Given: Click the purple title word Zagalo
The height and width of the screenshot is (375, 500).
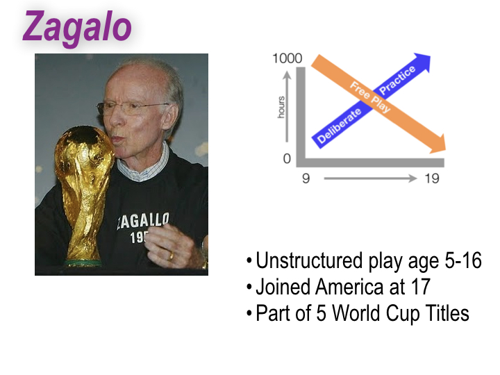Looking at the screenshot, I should point(77,27).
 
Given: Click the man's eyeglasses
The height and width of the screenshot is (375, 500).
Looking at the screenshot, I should point(132,108).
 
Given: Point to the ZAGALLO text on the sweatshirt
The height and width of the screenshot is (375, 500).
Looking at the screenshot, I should point(142,222).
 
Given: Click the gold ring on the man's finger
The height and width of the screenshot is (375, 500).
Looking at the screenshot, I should point(172,255).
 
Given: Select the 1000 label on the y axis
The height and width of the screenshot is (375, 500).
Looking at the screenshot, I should point(287,58).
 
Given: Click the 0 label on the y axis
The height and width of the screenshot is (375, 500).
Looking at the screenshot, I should point(287,159).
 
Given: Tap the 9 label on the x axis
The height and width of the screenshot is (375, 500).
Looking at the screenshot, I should point(305,179).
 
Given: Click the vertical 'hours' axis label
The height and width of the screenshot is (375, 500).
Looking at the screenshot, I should point(282,108).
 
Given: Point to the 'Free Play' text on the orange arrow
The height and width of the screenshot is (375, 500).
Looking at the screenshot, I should point(370,99).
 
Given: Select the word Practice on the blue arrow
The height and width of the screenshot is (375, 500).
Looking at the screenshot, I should point(398,82).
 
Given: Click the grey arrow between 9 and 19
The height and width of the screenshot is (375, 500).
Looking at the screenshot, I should point(368,179).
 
